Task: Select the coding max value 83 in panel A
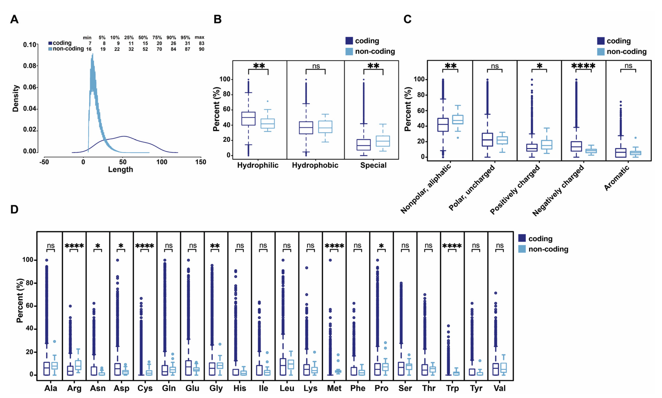tap(201, 43)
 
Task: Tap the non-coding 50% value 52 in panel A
tap(145, 49)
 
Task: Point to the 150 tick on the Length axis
tap(201, 162)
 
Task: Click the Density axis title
tap(16, 98)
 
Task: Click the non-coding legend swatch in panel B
tap(349, 51)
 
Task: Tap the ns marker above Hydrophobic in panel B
tap(316, 66)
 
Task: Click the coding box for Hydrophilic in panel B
tap(248, 118)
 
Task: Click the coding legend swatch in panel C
tap(601, 41)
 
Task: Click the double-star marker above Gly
tap(215, 246)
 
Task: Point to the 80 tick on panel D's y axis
tap(30, 283)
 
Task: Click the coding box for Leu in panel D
tap(283, 367)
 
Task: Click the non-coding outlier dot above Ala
tap(54, 341)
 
